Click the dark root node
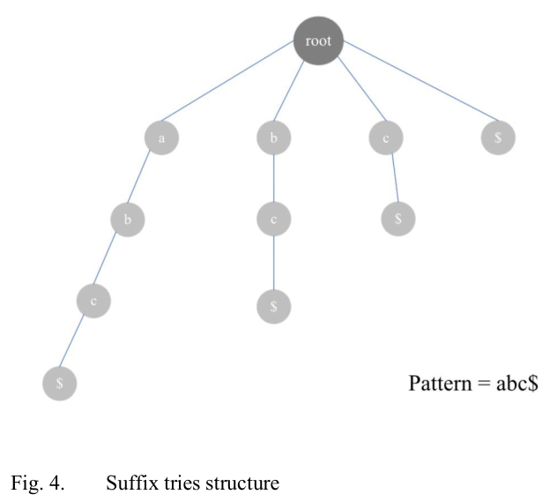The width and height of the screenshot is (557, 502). [318, 41]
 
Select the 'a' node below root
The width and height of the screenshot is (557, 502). [162, 138]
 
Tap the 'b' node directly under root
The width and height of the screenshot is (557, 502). [274, 138]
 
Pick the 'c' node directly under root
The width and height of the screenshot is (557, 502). [386, 138]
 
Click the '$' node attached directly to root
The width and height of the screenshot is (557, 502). [499, 138]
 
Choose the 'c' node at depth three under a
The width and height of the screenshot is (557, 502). [94, 302]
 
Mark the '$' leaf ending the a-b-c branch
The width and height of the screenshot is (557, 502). [60, 384]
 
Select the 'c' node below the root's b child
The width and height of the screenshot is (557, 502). [274, 219]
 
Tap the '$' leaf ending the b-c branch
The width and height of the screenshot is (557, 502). [274, 306]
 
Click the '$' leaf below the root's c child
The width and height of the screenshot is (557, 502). [398, 219]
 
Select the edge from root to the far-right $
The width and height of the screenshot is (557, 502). [411, 90]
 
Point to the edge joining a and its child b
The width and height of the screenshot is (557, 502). [145, 179]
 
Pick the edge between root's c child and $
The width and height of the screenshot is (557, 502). [392, 178]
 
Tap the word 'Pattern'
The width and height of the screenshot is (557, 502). [440, 384]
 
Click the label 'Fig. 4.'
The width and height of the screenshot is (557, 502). [38, 483]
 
